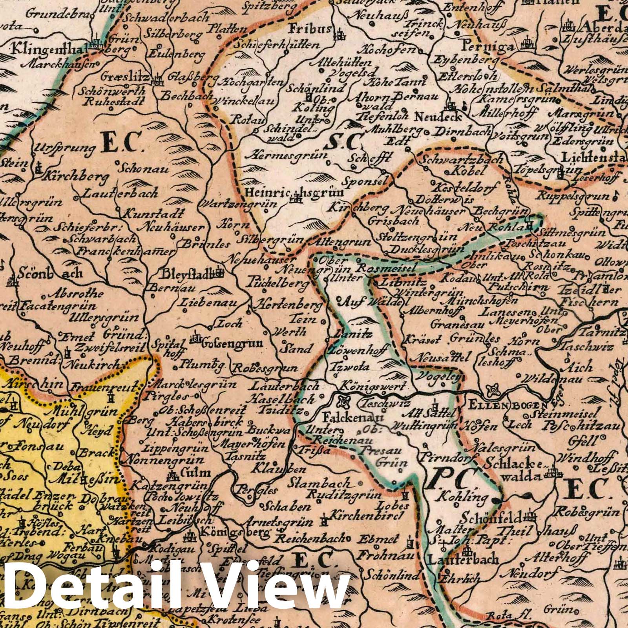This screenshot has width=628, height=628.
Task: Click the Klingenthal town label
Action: pyautogui.click(x=49, y=50)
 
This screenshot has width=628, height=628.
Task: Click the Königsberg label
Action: pyautogui.click(x=235, y=533)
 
